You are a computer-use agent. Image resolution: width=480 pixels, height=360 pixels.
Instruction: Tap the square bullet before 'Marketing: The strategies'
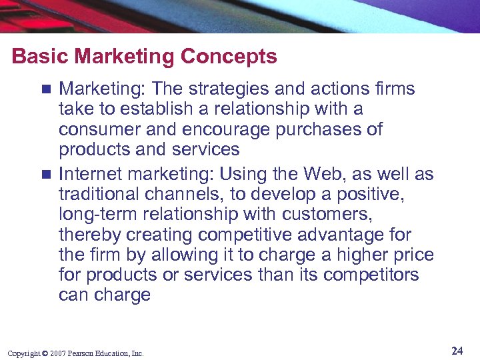[45, 89]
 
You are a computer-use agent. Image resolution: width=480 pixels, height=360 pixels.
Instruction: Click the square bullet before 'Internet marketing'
[45, 175]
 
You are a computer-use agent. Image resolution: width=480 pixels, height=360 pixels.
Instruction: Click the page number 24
[457, 351]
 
